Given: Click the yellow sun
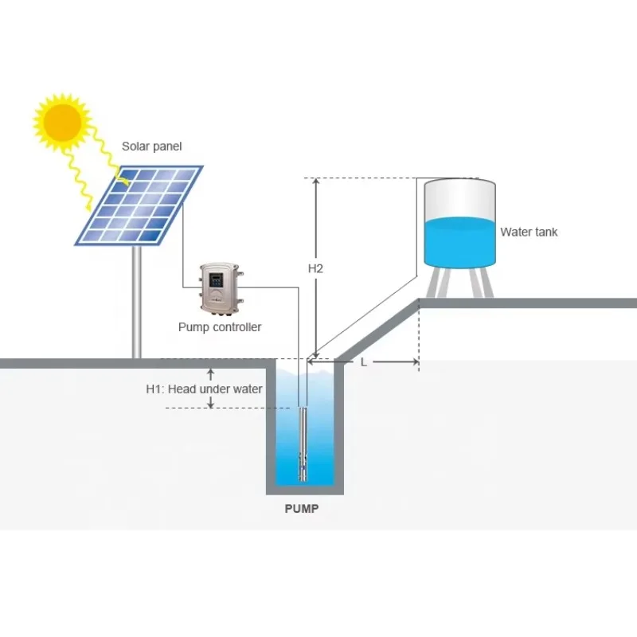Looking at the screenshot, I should point(63,122).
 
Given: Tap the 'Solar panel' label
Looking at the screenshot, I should point(151,147).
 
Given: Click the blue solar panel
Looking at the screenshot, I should point(140,205).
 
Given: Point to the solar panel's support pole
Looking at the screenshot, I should point(138,303).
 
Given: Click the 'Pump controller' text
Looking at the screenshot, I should point(220,327).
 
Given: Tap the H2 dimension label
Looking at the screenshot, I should point(315,268).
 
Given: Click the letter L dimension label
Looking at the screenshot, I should point(364,362).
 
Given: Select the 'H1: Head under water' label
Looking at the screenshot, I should point(204,389).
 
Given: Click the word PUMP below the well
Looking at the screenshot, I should point(301,509).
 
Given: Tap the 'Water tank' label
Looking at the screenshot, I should point(529,233).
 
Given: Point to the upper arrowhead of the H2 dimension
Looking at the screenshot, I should point(316,182).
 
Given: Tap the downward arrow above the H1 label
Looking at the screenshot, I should point(210,373).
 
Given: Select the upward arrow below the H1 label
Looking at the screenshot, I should point(210,402).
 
